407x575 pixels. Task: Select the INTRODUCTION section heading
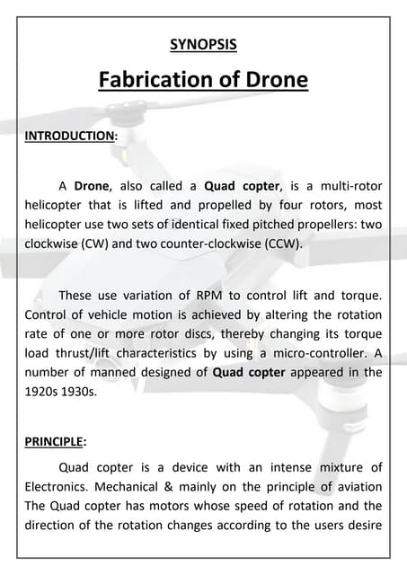click(68, 136)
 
